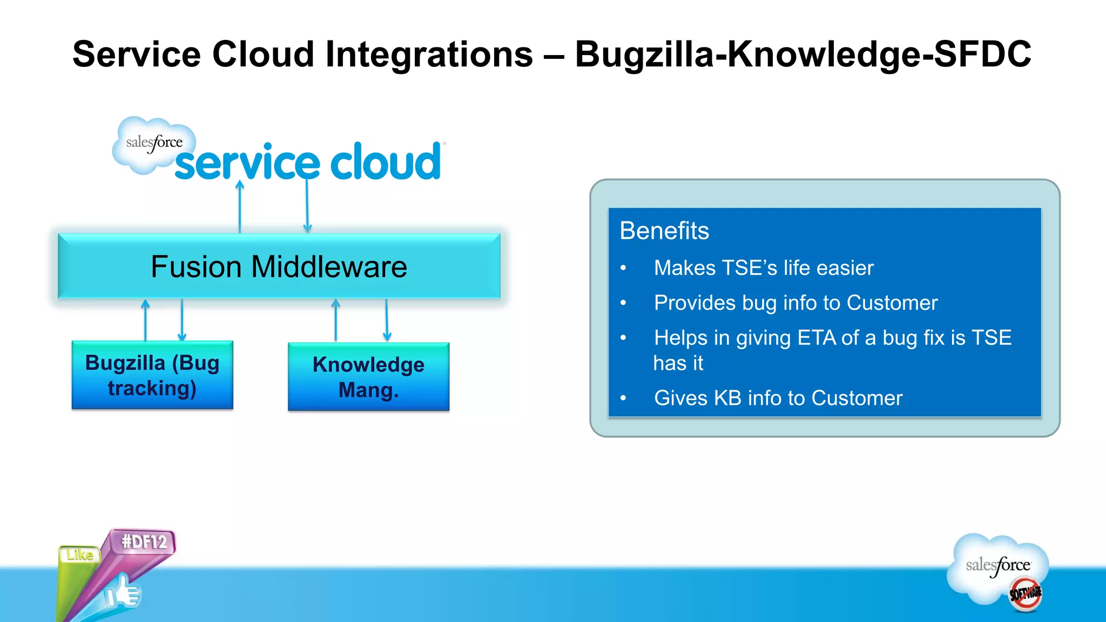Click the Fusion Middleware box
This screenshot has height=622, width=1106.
point(279,266)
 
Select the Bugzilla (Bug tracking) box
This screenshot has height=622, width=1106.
point(152,375)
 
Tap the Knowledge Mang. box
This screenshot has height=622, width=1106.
point(368,377)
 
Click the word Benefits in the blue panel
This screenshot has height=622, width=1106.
point(664,231)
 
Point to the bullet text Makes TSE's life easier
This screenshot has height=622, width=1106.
point(763,268)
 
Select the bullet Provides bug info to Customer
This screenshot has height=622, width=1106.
point(795,303)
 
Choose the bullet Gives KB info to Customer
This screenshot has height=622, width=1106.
point(778,398)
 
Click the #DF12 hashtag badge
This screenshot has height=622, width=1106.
point(144,542)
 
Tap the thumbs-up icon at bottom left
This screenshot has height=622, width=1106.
point(123,592)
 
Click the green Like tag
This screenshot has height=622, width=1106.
point(80,555)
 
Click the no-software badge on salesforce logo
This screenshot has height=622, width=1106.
point(1025,593)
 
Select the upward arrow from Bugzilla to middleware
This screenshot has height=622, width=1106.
point(145,320)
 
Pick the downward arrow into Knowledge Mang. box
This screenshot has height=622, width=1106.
point(387,320)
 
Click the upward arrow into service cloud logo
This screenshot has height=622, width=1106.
point(240,207)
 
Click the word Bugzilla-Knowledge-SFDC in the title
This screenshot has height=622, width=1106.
point(802,55)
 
